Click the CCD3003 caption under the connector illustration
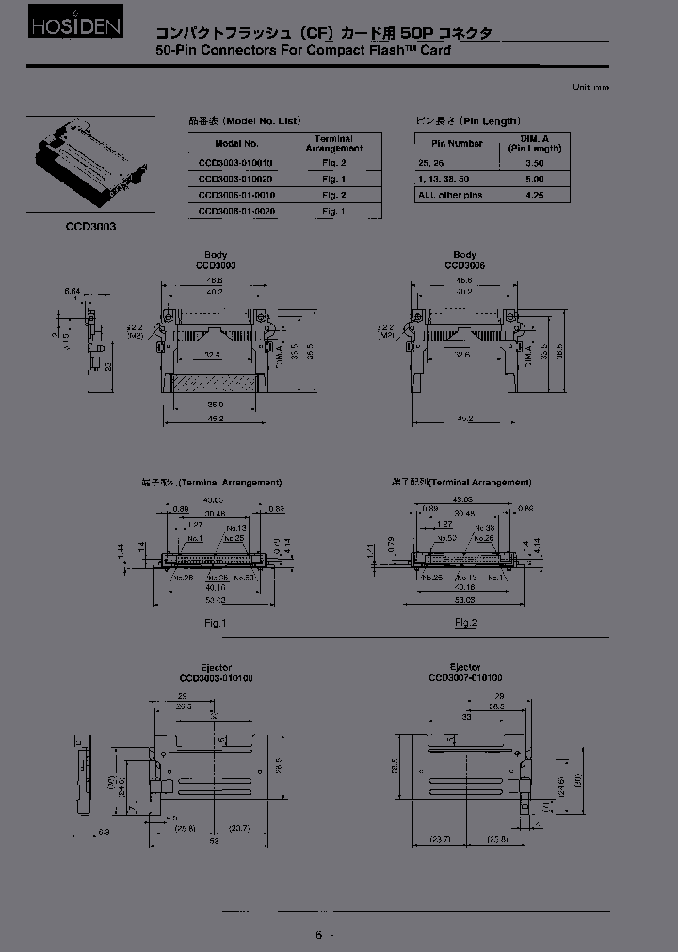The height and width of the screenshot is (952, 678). pyautogui.click(x=90, y=227)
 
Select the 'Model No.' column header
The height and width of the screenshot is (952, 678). pyautogui.click(x=235, y=144)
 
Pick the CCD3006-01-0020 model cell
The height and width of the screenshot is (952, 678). pyautogui.click(x=236, y=212)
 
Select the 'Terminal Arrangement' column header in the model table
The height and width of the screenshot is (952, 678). pyautogui.click(x=334, y=143)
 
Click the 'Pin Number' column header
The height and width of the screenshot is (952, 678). pyautogui.click(x=457, y=144)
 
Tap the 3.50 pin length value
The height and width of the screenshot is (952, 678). pyautogui.click(x=535, y=163)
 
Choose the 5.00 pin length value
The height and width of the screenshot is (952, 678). pyautogui.click(x=535, y=179)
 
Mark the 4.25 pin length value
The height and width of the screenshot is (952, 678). pyautogui.click(x=535, y=195)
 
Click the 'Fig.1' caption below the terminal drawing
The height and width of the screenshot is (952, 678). pyautogui.click(x=214, y=623)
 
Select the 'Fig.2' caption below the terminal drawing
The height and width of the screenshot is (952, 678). pyautogui.click(x=466, y=623)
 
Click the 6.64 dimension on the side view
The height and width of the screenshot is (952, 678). pyautogui.click(x=72, y=292)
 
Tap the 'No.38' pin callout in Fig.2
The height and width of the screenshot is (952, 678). pyautogui.click(x=486, y=528)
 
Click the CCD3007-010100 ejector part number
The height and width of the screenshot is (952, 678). pyautogui.click(x=465, y=677)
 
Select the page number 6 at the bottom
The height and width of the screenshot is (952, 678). pyautogui.click(x=318, y=934)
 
